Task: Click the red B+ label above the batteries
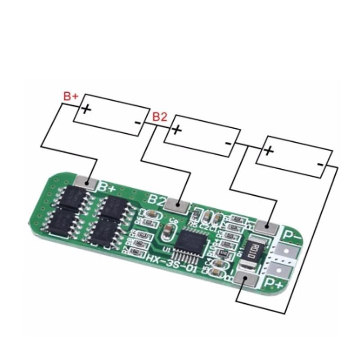click(x=71, y=96)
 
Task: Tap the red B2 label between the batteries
click(x=160, y=117)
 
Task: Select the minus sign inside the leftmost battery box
click(x=137, y=122)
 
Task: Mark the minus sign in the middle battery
click(x=228, y=143)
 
